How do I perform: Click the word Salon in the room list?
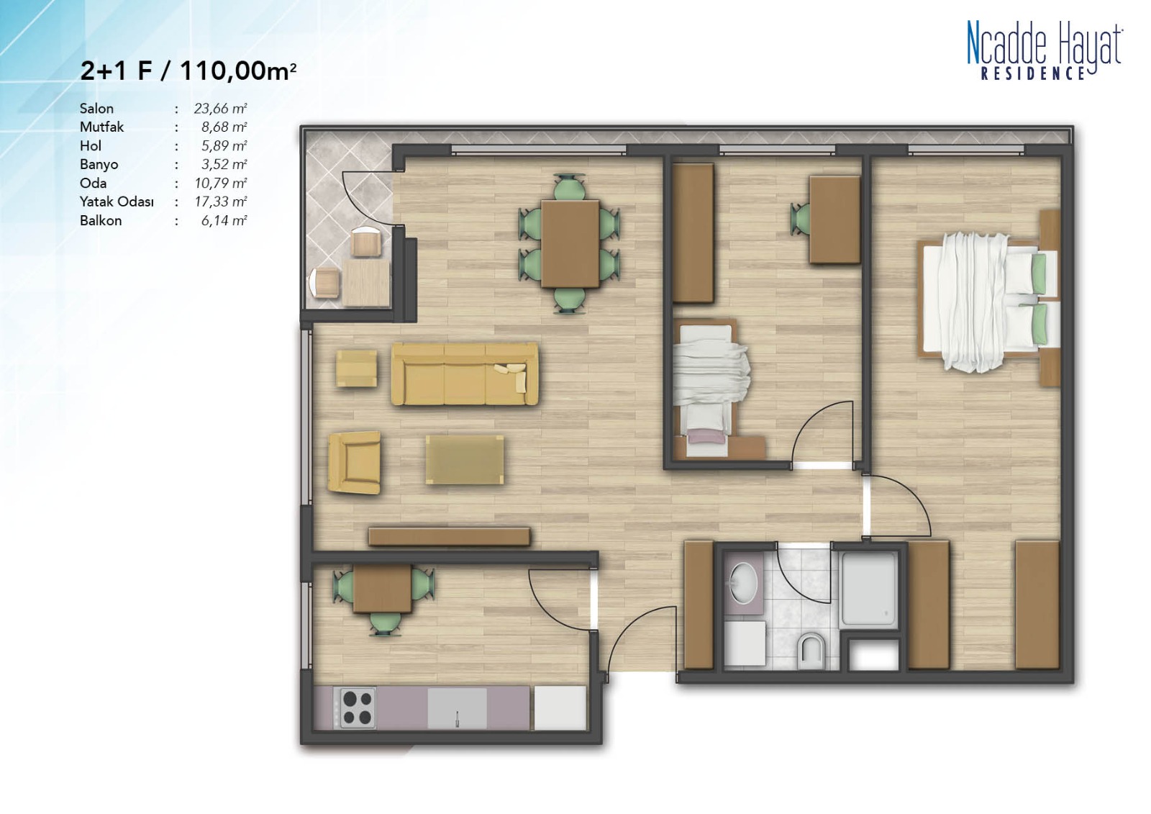click(x=96, y=109)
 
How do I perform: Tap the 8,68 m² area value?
click(x=224, y=127)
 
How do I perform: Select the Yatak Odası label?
click(x=117, y=202)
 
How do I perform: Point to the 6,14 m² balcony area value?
click(x=224, y=221)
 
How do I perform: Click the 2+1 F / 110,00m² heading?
click(x=188, y=71)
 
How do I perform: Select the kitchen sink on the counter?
click(x=457, y=708)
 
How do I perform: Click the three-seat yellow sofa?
click(x=465, y=374)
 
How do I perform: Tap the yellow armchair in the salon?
click(x=355, y=463)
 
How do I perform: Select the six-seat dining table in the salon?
click(x=570, y=244)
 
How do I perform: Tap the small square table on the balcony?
click(x=366, y=283)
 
